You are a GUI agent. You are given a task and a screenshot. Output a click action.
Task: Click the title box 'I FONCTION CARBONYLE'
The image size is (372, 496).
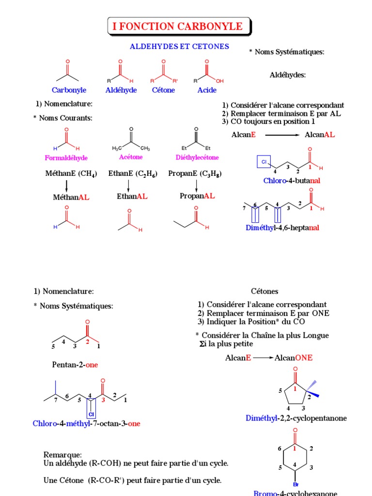tap(178, 27)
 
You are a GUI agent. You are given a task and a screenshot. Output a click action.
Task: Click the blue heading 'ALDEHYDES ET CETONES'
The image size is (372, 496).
tap(180, 46)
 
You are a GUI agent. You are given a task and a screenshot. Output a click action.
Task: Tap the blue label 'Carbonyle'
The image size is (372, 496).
tap(69, 90)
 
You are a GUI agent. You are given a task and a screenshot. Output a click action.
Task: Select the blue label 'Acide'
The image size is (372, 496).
tap(207, 90)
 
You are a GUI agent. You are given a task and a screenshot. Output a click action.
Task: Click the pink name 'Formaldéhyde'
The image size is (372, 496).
tap(66, 158)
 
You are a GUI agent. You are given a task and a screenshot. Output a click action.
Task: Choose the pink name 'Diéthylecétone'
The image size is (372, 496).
tap(197, 157)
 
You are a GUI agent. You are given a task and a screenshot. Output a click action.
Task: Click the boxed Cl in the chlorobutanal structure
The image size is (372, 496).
tap(264, 161)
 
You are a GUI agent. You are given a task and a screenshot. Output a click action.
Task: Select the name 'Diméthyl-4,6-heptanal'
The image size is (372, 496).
tap(282, 227)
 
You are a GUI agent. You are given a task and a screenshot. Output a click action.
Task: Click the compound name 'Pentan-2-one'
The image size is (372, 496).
tap(78, 365)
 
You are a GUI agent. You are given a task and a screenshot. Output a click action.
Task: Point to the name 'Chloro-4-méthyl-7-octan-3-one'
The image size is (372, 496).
tap(87, 423)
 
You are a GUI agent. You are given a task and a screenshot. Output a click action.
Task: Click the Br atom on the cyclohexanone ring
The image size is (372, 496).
tap(295, 484)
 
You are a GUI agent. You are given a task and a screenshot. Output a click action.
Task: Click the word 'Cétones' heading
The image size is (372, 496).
tap(264, 292)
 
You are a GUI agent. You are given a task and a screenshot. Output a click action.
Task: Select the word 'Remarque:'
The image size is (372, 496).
tap(62, 455)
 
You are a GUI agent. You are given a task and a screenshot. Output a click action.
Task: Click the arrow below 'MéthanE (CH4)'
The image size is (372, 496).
tap(66, 186)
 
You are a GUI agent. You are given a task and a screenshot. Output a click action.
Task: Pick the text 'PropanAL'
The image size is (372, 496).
tap(197, 196)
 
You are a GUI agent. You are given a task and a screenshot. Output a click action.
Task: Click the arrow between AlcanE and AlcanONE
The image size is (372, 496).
tap(263, 358)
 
